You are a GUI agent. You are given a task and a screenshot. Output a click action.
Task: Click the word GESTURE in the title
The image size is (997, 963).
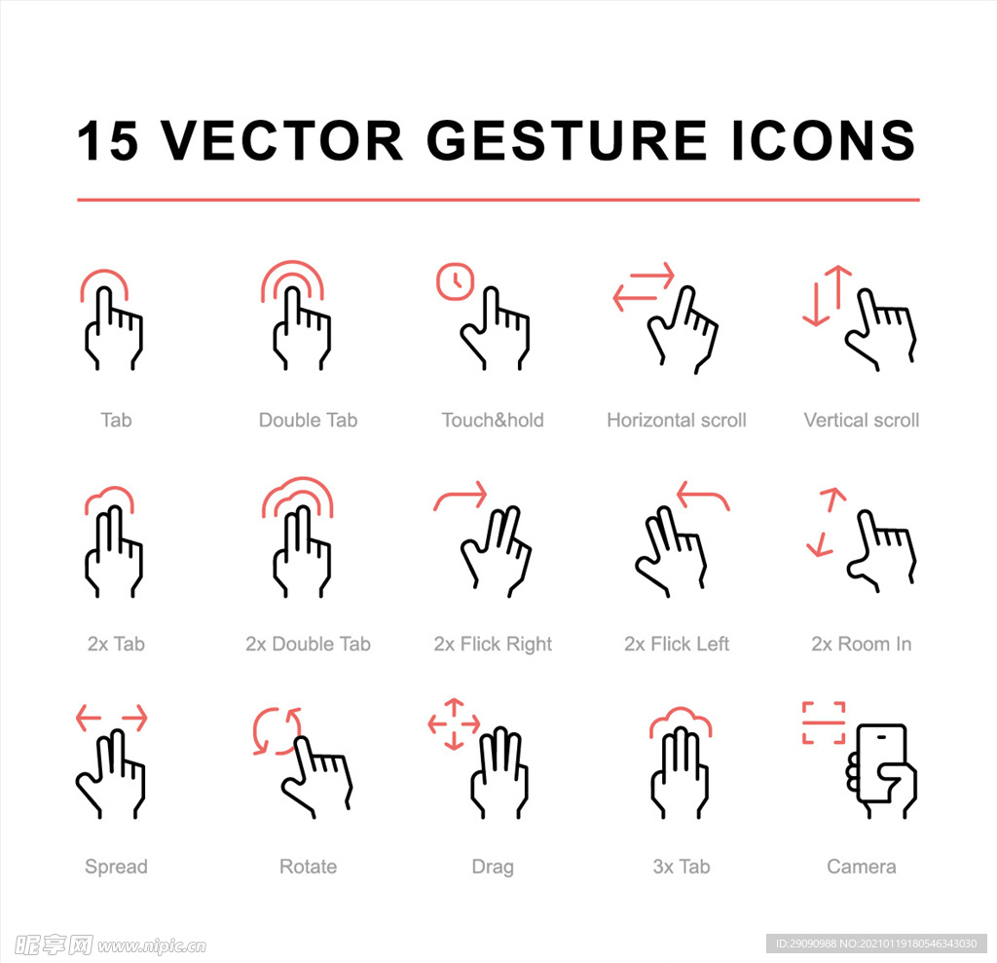tap(567, 140)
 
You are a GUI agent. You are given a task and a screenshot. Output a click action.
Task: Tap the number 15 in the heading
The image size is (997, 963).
tap(107, 140)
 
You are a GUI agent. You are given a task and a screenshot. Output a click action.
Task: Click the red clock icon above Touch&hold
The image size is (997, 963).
tap(455, 280)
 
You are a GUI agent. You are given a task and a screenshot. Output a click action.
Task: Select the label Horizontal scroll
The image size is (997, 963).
tap(677, 420)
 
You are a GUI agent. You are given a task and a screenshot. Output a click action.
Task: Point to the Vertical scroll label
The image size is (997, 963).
tap(861, 420)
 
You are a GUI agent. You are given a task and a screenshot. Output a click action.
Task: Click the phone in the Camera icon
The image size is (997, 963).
tap(881, 762)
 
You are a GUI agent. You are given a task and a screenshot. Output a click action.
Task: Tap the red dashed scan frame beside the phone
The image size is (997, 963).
tap(824, 722)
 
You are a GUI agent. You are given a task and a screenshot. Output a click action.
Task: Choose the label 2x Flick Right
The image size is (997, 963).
tap(493, 645)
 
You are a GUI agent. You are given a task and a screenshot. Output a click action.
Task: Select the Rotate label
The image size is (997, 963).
tap(308, 867)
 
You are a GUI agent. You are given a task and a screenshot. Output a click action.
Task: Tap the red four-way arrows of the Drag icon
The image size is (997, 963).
tap(454, 723)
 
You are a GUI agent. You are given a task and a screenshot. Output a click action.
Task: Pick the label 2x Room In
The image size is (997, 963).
tap(861, 645)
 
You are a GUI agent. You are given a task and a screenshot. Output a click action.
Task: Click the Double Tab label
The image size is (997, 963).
tap(308, 420)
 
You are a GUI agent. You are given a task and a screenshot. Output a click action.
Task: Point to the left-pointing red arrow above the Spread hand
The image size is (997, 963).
tap(89, 718)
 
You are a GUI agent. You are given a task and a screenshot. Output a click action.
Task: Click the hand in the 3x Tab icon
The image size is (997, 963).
tap(679, 773)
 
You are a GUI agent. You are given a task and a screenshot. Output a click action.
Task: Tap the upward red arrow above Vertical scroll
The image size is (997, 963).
tap(839, 287)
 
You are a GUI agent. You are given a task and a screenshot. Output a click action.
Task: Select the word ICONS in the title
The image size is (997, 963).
tap(823, 140)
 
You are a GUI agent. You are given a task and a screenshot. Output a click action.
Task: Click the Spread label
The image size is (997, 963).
tap(117, 867)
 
